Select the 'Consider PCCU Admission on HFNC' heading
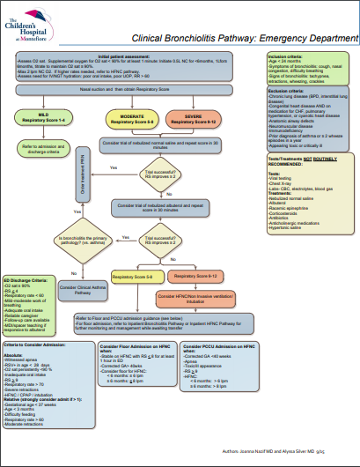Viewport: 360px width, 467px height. click(212, 349)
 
